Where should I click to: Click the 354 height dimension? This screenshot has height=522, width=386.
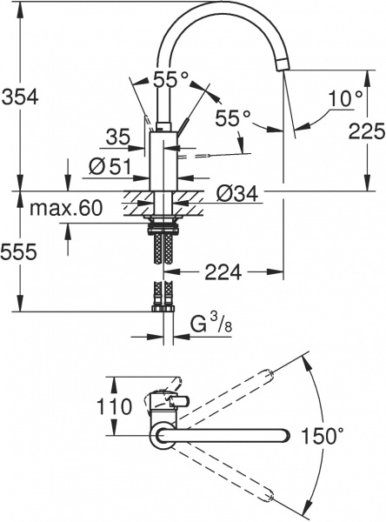(19, 97)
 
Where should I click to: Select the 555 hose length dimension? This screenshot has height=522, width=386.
(19, 252)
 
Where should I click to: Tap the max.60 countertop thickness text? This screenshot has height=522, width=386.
(65, 209)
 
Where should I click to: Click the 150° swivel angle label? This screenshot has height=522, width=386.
(323, 436)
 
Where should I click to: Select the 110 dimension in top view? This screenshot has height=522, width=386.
(114, 406)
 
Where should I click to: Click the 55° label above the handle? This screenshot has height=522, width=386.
(171, 79)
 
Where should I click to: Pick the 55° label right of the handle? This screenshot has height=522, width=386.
(233, 116)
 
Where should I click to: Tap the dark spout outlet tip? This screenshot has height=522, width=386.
(282, 64)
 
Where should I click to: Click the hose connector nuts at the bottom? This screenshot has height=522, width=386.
(162, 305)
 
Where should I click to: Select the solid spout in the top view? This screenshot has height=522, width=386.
(230, 436)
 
